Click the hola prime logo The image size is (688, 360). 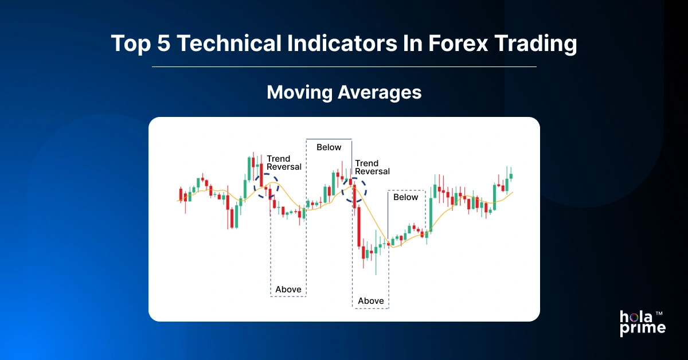click(642, 323)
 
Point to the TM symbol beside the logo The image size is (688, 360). click(659, 314)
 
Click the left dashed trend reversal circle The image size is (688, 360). click(266, 187)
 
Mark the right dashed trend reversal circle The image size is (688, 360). click(354, 190)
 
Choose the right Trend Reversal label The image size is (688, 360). click(372, 167)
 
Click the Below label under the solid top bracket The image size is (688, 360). click(329, 147)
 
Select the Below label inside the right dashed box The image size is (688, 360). click(406, 197)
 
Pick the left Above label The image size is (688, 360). click(288, 289)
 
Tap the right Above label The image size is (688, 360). click(370, 301)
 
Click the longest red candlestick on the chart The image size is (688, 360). click(358, 227)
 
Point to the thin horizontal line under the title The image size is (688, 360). click(344, 67)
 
